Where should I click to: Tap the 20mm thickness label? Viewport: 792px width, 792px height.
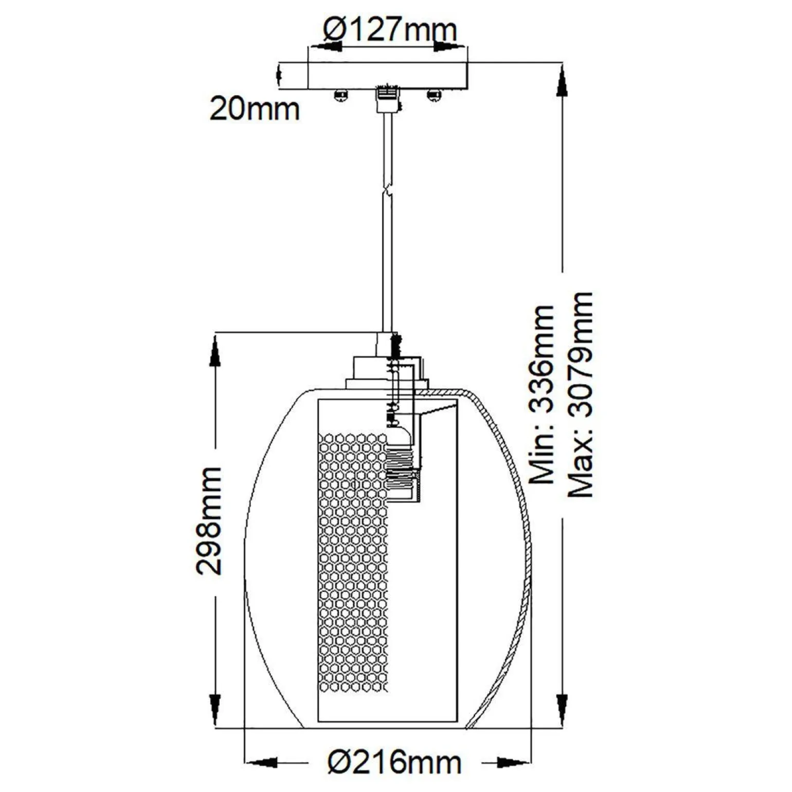point(254,110)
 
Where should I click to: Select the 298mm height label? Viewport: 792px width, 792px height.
point(209,520)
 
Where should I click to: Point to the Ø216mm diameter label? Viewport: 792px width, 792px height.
point(394,762)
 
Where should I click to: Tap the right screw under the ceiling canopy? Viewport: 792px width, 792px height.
point(435,95)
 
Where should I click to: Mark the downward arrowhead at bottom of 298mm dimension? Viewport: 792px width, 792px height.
point(215,710)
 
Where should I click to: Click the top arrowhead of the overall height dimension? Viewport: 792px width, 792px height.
point(562,82)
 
